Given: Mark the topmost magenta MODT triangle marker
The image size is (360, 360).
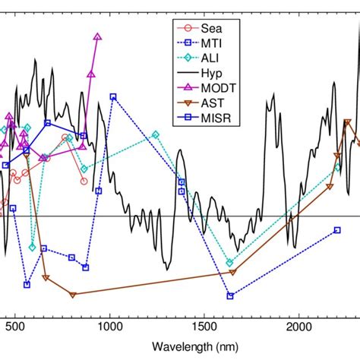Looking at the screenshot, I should pyautogui.click(x=97, y=36).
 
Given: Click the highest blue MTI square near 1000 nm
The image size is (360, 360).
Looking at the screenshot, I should pyautogui.click(x=113, y=97).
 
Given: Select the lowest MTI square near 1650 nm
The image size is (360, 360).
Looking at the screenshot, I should pyautogui.click(x=231, y=295).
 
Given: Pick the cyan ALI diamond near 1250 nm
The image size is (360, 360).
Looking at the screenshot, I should pyautogui.click(x=156, y=134).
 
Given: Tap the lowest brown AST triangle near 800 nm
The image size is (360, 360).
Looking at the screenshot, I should pyautogui.click(x=72, y=295).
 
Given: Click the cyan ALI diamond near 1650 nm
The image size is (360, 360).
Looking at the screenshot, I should pyautogui.click(x=230, y=263).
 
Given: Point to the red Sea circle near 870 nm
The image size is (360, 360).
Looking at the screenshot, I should pyautogui.click(x=84, y=181).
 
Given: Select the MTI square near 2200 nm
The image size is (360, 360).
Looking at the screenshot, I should pyautogui.click(x=337, y=230).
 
